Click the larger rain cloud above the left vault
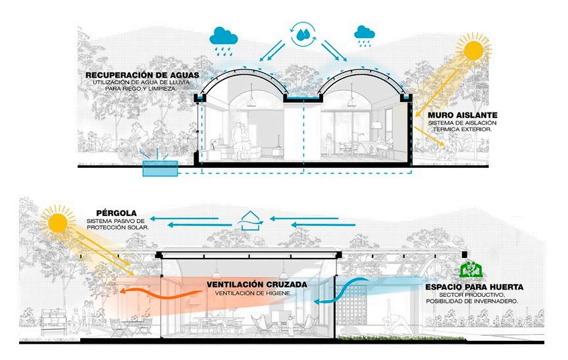point(224,37)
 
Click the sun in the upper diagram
point(473,53)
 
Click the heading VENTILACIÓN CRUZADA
point(247,285)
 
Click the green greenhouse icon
point(470,269)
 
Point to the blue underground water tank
point(161,170)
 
